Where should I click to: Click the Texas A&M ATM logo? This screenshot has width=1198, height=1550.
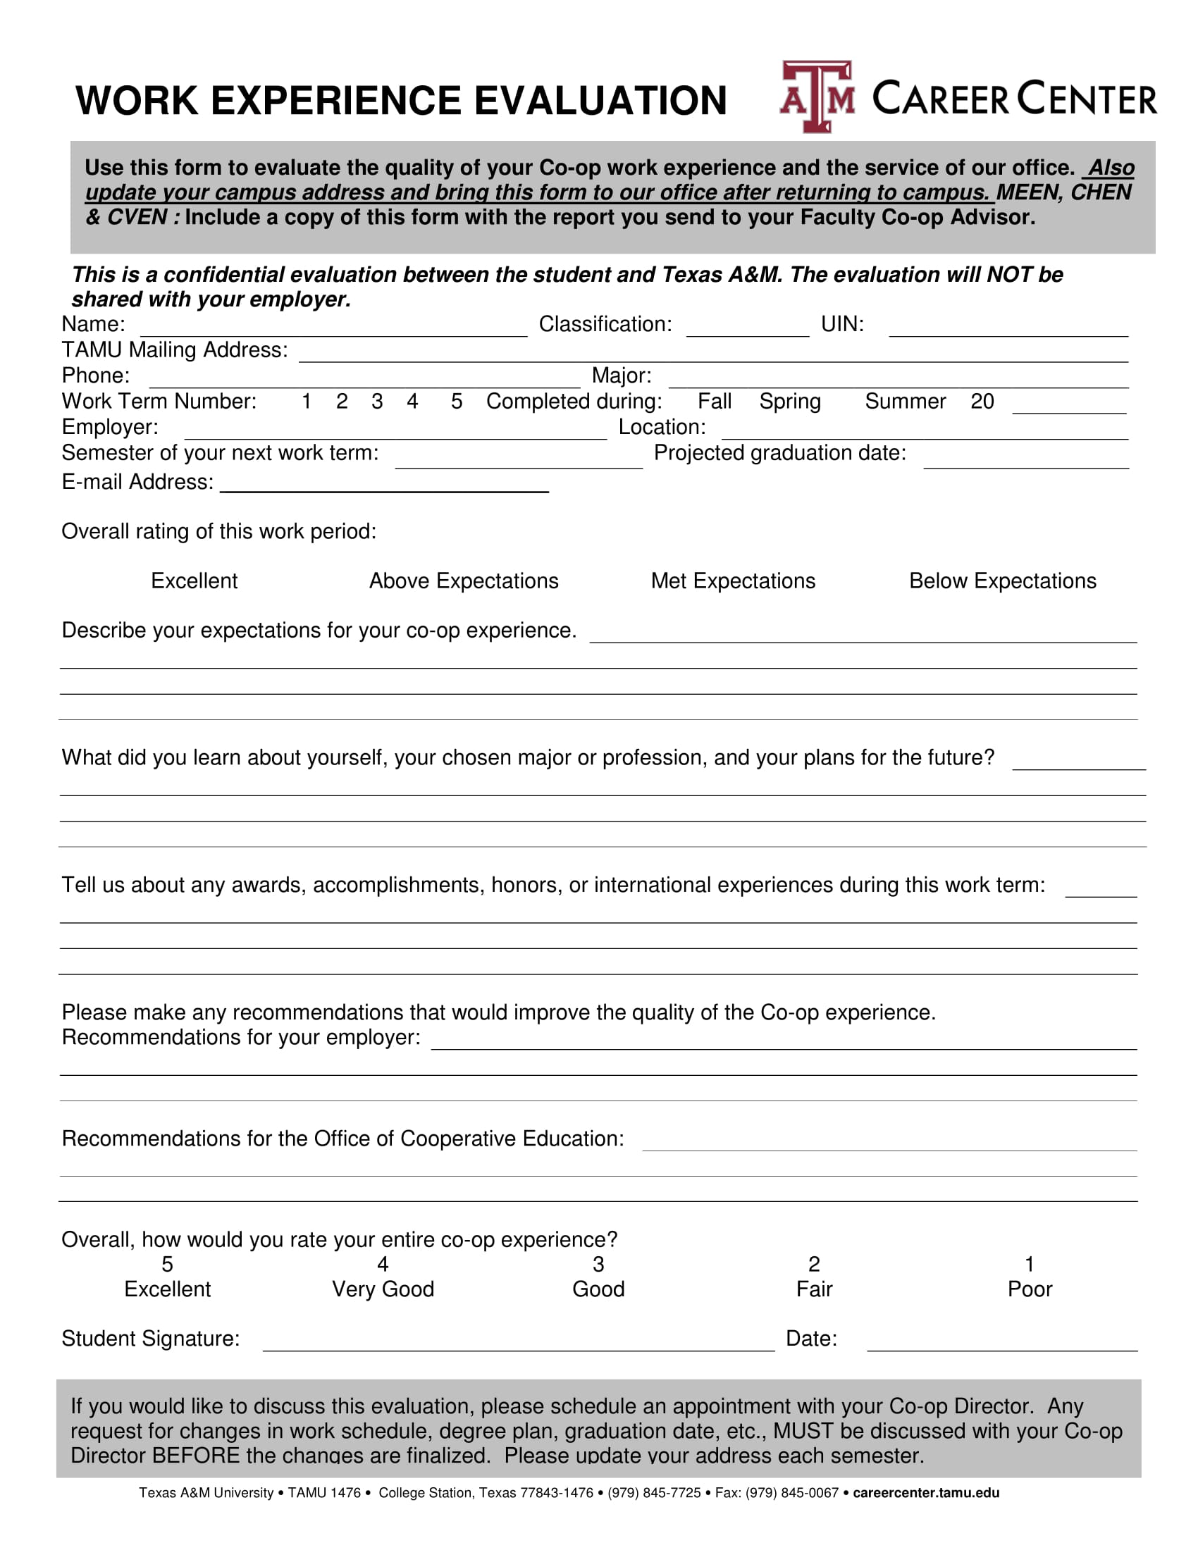click(817, 97)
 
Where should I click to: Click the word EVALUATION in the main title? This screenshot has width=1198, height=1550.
click(600, 101)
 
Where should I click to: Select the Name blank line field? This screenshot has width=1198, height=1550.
click(333, 328)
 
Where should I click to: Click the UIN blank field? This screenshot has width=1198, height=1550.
click(1008, 328)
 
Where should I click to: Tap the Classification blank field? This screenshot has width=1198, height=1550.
click(747, 328)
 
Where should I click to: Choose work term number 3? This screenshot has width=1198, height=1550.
click(377, 402)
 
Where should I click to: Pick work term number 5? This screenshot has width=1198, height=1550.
click(457, 402)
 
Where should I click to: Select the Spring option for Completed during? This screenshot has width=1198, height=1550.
click(789, 402)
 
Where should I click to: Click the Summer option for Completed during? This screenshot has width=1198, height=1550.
click(905, 402)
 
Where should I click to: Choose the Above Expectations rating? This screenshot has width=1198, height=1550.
click(464, 581)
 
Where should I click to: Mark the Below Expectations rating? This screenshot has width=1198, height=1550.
click(1002, 581)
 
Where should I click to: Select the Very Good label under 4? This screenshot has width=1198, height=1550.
click(383, 1289)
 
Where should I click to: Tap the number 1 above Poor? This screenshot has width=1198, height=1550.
click(1029, 1264)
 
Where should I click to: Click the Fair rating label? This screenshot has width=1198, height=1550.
click(814, 1289)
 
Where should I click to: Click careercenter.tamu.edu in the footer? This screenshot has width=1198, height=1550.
click(925, 1493)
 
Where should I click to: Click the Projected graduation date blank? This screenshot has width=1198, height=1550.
click(1025, 459)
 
